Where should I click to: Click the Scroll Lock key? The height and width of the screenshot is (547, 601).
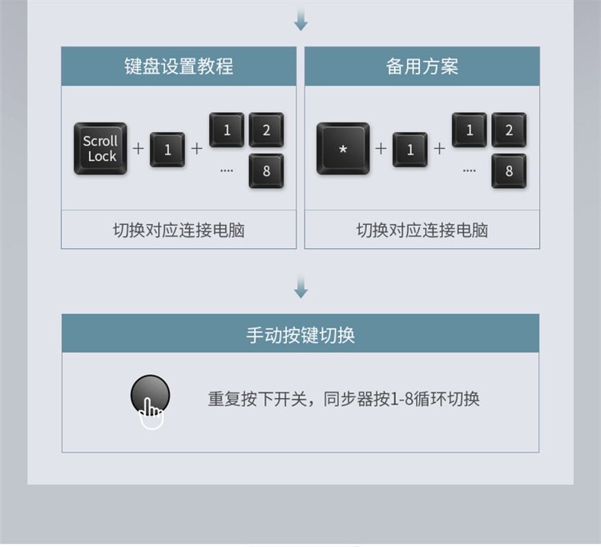click(x=100, y=149)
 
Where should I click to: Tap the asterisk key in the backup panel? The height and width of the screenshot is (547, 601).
click(x=343, y=149)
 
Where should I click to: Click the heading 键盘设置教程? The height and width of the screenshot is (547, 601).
click(x=179, y=66)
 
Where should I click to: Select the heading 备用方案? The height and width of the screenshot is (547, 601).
click(x=422, y=66)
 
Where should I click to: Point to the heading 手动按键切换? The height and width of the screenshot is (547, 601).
click(x=300, y=334)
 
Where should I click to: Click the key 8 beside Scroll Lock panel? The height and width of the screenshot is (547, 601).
click(x=266, y=171)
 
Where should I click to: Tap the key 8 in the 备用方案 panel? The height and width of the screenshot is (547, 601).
click(x=509, y=171)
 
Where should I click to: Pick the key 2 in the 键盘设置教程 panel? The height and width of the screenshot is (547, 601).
click(x=266, y=130)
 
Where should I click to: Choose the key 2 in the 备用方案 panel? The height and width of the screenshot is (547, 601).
click(x=509, y=130)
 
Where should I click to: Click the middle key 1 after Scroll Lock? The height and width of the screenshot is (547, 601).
click(x=167, y=149)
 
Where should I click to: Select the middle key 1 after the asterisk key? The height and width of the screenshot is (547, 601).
click(x=410, y=149)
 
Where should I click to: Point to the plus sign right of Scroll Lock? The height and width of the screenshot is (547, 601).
click(x=138, y=149)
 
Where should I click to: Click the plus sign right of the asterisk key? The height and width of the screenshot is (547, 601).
click(x=381, y=149)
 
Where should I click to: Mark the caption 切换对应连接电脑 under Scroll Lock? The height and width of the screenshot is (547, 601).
click(x=179, y=231)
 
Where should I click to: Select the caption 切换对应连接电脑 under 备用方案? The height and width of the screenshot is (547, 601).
click(x=422, y=231)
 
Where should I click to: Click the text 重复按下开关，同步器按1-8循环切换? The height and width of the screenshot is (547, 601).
click(x=344, y=399)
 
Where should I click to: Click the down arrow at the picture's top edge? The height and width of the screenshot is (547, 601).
click(x=300, y=19)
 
